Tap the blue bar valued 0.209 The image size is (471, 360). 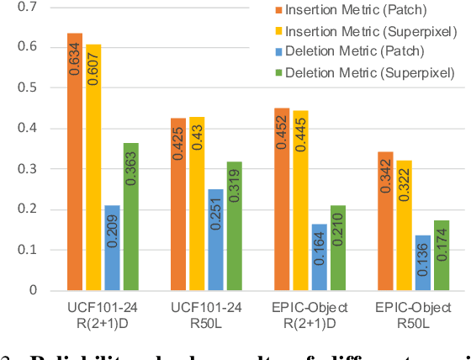click(112, 247)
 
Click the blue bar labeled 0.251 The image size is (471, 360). click(216, 240)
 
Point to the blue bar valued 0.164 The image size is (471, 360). click(320, 257)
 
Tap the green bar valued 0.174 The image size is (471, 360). click(442, 255)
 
